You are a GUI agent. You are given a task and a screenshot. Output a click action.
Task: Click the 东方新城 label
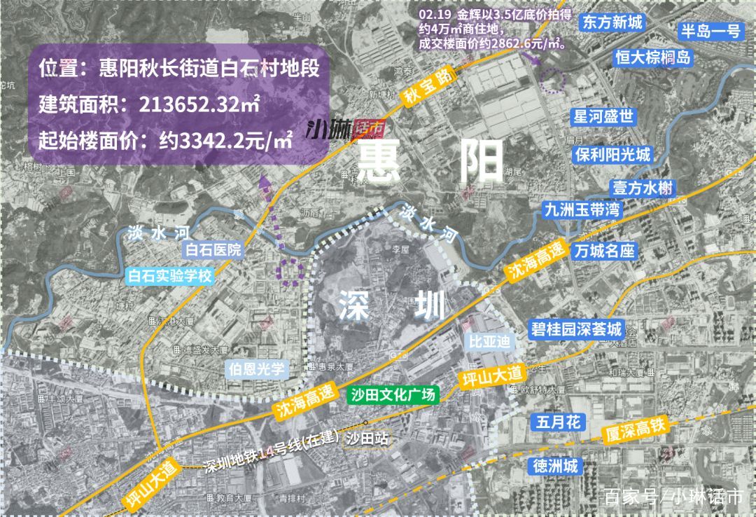611,22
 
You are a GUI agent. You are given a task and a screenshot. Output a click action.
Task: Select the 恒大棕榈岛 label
652,57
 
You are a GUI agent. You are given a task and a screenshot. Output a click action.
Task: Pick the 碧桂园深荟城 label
577,329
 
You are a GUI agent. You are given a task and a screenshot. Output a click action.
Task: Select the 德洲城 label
556,465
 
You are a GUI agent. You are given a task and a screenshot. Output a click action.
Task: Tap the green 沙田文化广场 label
393,394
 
